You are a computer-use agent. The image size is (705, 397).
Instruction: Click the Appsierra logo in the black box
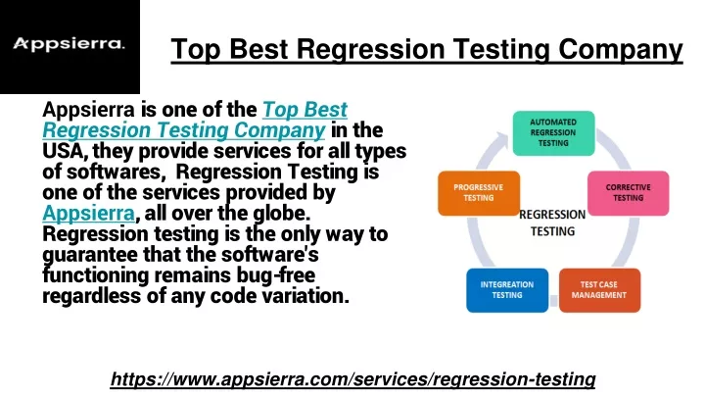pos(69,44)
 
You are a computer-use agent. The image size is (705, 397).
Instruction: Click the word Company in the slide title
pos(621,50)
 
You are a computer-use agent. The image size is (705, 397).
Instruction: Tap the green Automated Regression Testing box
pos(553,132)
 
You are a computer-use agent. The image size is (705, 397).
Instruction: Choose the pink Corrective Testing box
pos(628,193)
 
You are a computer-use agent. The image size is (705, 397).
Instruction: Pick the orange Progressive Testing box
pos(479,193)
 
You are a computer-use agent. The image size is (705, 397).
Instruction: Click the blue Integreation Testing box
pos(507,290)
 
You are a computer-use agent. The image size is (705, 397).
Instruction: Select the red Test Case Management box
pos(599,290)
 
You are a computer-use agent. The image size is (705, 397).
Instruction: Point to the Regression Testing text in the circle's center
pos(552,223)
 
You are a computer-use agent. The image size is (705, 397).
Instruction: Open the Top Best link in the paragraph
pos(305,110)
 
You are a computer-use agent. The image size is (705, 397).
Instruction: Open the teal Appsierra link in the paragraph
pos(88,213)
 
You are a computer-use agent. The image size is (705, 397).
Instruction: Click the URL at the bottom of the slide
pos(352,379)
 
